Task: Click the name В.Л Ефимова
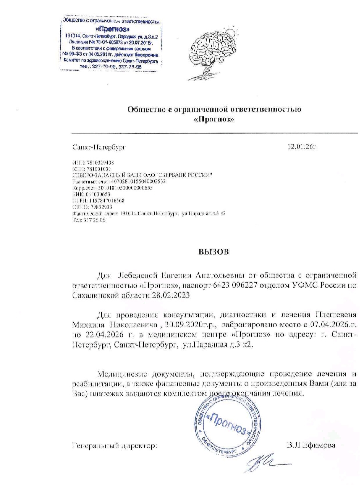coord(311,445)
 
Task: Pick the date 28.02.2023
coord(171,295)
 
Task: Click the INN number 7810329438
coord(100,163)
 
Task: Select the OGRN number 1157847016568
coord(106,200)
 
